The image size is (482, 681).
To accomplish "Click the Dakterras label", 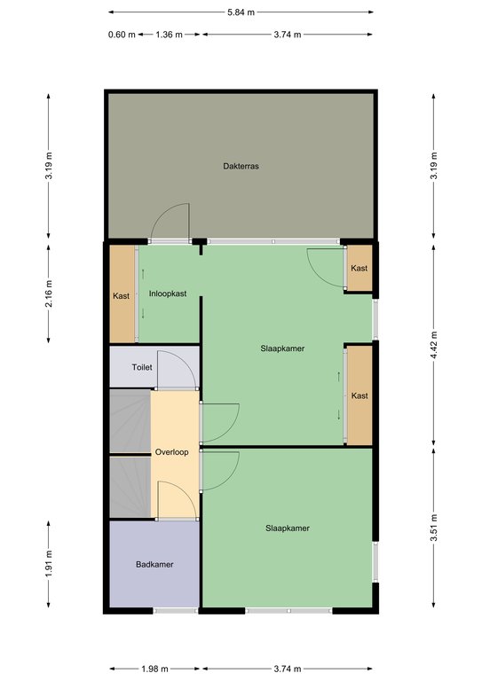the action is (241, 166).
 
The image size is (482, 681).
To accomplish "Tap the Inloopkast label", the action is (168, 294).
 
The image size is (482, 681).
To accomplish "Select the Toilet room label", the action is (142, 367).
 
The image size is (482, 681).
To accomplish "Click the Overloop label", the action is (171, 452).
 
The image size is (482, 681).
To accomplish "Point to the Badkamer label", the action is (154, 565).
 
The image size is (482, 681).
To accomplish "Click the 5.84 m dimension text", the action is (241, 12).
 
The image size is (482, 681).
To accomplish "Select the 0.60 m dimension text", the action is (122, 35).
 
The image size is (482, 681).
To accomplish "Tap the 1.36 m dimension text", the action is (169, 35).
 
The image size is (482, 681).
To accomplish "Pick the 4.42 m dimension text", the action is (434, 345).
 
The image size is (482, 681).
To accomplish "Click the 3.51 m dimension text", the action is (434, 528).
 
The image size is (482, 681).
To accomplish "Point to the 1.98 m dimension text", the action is (154, 669).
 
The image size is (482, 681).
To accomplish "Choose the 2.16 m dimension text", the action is (49, 294).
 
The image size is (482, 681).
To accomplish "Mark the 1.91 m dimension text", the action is (49, 564).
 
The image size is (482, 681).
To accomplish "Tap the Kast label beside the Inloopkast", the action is (121, 296).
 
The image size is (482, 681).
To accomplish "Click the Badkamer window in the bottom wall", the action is (176, 611).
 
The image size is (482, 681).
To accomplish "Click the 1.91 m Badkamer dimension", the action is (49, 564).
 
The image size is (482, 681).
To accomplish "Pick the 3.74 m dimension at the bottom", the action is (288, 669).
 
